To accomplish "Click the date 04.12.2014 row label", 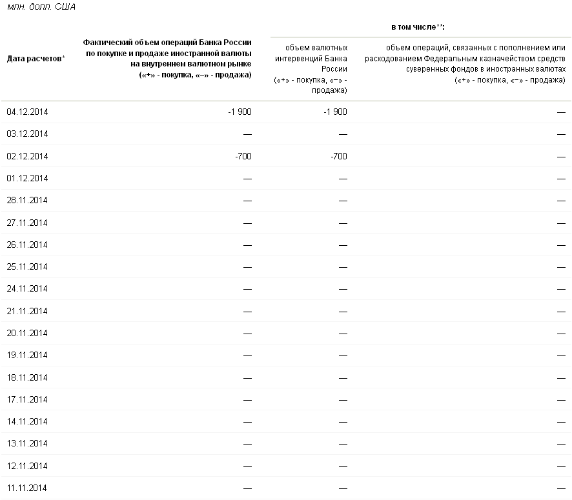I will [x=27, y=112].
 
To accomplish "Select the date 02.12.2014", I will [x=27, y=156].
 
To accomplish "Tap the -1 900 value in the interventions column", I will [x=335, y=112].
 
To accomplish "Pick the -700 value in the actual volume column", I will [x=242, y=156].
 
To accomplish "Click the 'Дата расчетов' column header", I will [x=34, y=59].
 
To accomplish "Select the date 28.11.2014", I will [x=27, y=200].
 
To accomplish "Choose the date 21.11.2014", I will [x=27, y=311].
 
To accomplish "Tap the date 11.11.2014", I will [x=27, y=488].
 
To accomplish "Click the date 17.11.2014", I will [x=27, y=399].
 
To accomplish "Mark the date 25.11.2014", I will [x=27, y=266].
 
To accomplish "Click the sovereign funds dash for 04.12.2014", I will [x=562, y=112].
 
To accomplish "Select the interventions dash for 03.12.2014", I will [x=343, y=134].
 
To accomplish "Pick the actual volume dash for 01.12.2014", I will [x=247, y=179].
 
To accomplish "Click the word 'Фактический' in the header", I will [x=105, y=42].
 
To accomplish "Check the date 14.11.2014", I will [x=27, y=421].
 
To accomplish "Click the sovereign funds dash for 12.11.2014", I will [x=562, y=466].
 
